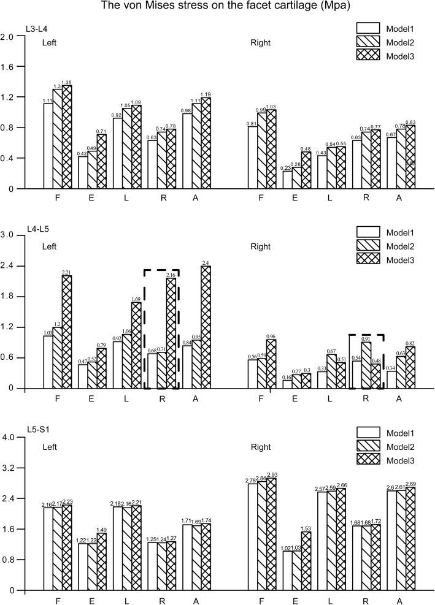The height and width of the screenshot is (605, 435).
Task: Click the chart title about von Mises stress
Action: pyautogui.click(x=217, y=7)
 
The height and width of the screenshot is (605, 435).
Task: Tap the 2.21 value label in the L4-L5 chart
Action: pyautogui.click(x=66, y=272)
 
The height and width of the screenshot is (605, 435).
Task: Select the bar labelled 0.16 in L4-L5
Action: pyautogui.click(x=288, y=384)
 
